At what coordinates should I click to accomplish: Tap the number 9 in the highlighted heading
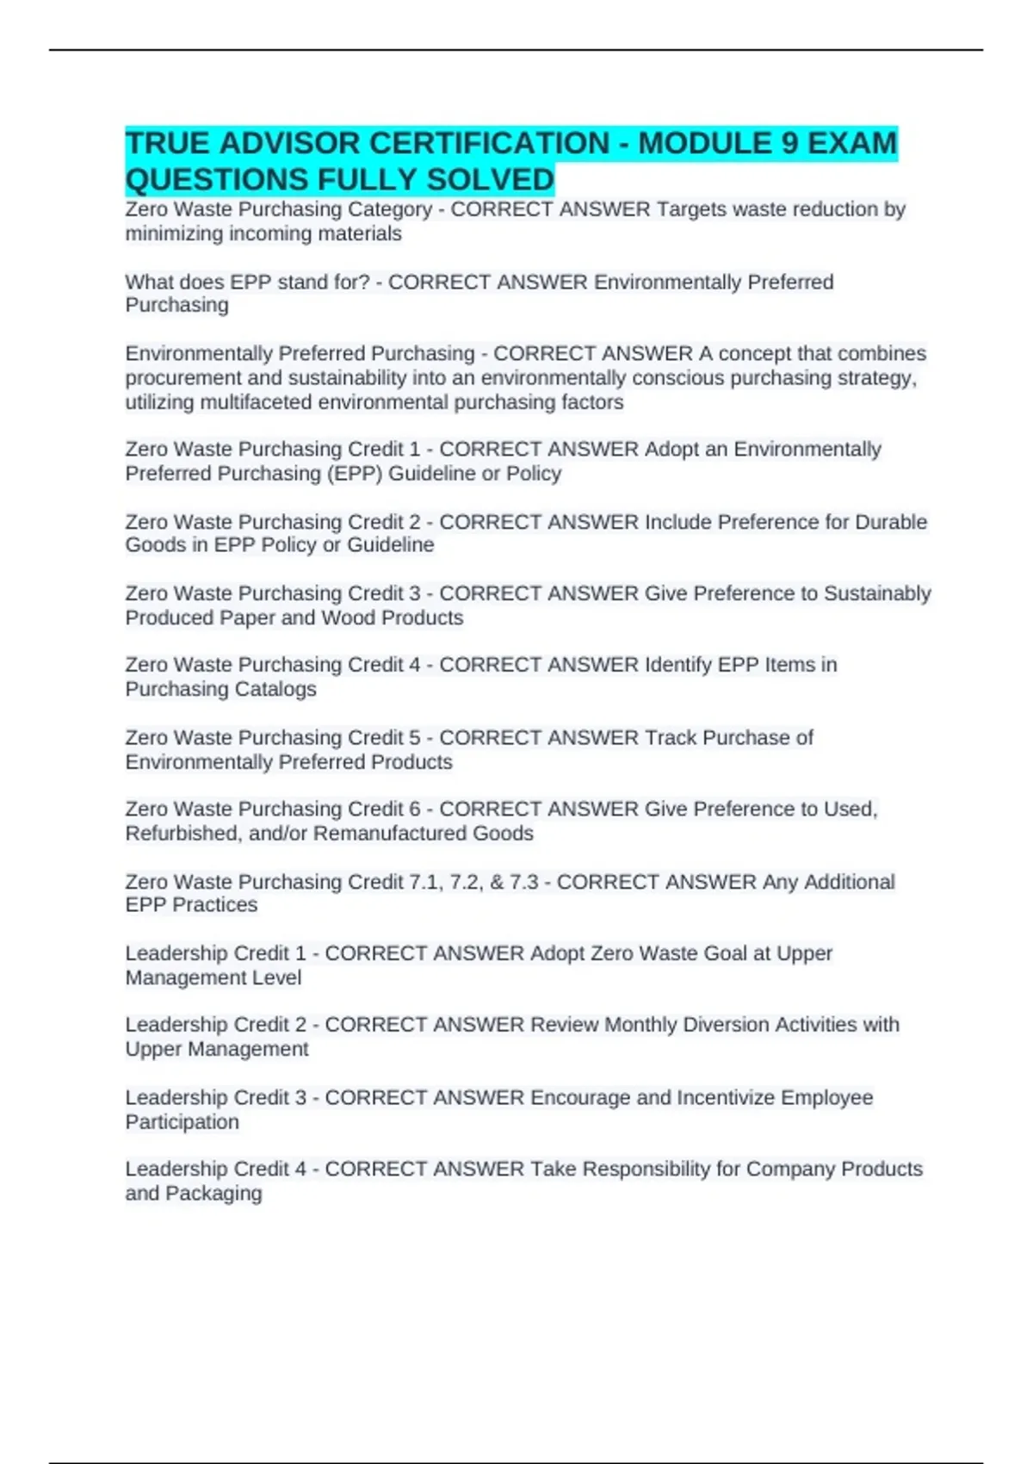click(x=789, y=143)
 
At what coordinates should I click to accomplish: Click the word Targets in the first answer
click(x=690, y=209)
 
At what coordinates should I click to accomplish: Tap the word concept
click(x=755, y=353)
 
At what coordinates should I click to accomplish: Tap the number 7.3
click(x=523, y=882)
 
